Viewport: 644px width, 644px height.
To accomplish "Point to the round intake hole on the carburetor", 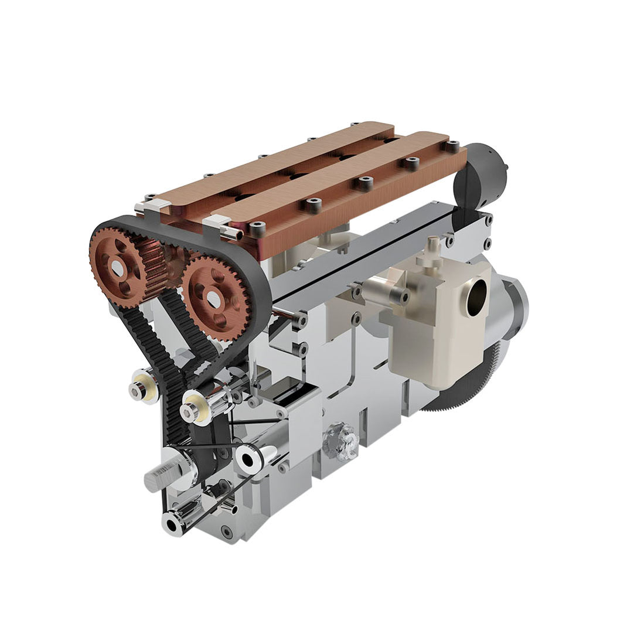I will (478, 291).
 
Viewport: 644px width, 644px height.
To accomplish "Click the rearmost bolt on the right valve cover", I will (452, 145).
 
